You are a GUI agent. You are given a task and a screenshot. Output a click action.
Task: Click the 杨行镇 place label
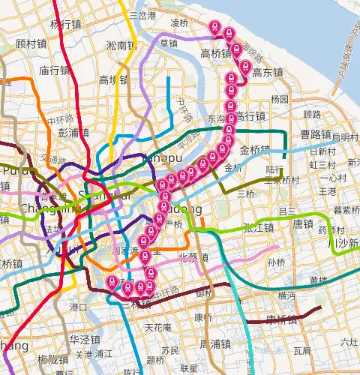click(64, 23)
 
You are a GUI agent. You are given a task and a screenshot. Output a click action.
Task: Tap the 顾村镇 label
click(31, 43)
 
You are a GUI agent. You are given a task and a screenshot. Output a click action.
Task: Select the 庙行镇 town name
click(55, 70)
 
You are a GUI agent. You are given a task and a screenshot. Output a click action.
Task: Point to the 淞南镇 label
click(121, 46)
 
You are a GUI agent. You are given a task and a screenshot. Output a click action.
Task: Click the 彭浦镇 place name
click(73, 132)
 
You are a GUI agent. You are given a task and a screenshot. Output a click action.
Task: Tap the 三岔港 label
click(142, 15)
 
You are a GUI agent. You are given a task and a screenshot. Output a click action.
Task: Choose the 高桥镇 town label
click(217, 53)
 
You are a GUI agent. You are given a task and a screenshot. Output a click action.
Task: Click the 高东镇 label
click(267, 73)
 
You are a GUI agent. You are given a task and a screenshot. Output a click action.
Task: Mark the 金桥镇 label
click(255, 150)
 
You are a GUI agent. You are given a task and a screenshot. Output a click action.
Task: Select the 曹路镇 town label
click(316, 133)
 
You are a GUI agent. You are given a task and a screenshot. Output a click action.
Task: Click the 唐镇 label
click(303, 223)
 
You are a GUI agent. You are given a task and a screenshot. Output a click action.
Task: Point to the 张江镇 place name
click(256, 229)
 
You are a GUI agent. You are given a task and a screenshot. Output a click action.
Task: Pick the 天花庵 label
click(158, 328)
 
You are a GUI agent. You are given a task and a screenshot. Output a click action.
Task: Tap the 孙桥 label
click(276, 262)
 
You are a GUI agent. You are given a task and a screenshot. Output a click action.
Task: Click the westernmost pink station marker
click(112, 283)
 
